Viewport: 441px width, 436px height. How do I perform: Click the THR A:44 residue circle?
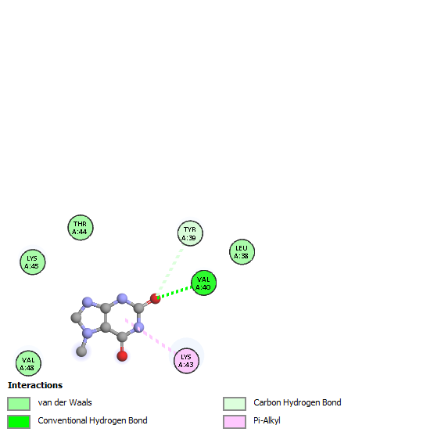click(81, 228)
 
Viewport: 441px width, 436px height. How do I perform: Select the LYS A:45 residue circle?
click(33, 262)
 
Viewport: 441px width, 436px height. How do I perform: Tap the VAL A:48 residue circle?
click(28, 363)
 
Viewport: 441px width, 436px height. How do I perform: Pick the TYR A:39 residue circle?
click(190, 233)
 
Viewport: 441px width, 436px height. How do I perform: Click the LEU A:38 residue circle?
click(242, 252)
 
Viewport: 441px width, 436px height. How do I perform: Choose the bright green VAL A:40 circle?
click(203, 283)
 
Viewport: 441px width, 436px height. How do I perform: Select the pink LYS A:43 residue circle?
click(186, 361)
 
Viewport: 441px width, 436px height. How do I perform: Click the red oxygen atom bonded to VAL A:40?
click(156, 299)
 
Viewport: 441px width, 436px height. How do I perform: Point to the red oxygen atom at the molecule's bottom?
click(122, 356)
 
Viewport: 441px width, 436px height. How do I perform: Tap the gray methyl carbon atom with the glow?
click(81, 351)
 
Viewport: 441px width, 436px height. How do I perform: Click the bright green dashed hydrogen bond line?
click(174, 292)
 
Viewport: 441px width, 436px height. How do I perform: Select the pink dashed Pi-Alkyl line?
click(150, 336)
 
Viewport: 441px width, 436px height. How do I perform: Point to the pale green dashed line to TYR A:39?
click(171, 268)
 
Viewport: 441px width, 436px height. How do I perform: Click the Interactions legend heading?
click(35, 385)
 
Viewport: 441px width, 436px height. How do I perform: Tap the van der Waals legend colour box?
click(19, 404)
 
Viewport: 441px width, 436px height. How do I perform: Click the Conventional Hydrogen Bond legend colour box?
click(19, 422)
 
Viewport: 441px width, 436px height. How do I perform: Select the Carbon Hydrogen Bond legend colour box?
click(235, 404)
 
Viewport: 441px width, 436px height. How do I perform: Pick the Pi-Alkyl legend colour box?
click(235, 422)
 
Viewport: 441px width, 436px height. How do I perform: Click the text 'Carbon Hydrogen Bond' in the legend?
click(297, 403)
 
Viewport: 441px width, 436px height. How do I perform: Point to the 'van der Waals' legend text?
click(65, 402)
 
